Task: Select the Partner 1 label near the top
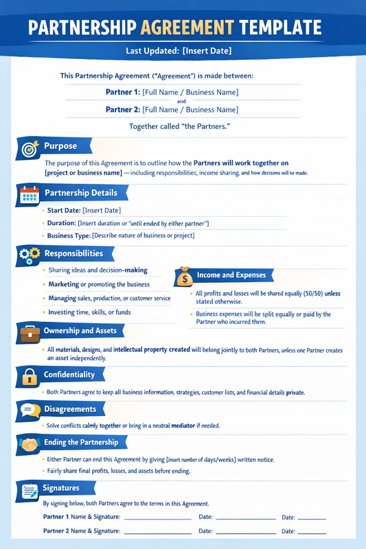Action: pos(123,92)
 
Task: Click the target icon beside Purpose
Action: pos(30,147)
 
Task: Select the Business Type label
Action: pos(69,235)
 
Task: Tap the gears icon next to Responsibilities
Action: pos(30,255)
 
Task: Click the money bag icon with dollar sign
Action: pos(185,276)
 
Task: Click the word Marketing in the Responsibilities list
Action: pos(63,284)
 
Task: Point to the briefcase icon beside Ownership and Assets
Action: pos(30,332)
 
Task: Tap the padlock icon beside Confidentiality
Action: pos(30,376)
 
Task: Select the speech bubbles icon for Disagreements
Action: pos(30,410)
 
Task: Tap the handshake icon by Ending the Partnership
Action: pos(30,443)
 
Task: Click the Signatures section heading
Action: pos(62,488)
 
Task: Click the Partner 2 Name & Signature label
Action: pos(82,531)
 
